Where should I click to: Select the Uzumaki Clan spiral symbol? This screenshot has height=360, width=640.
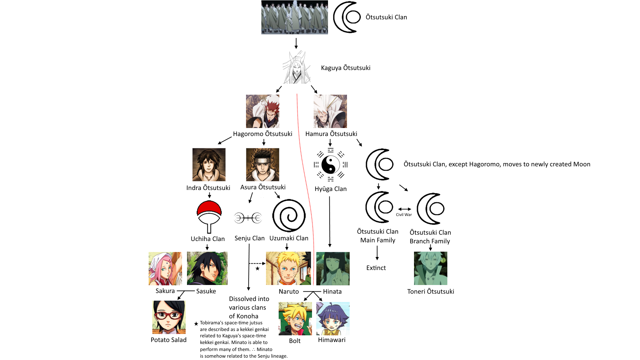point(289,216)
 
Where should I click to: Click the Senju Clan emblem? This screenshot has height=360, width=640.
point(248,218)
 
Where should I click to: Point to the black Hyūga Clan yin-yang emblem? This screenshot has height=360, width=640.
point(330,165)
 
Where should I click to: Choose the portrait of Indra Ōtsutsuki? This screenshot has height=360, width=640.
point(209,165)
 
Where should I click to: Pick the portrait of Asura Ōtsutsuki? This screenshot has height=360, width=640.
point(263,165)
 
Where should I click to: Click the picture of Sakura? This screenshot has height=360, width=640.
point(165,269)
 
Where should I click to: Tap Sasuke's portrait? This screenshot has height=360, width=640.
point(207,268)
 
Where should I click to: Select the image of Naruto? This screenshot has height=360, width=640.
point(288,268)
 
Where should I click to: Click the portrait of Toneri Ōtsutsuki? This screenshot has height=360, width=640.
point(430,268)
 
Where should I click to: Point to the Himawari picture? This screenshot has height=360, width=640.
point(333,319)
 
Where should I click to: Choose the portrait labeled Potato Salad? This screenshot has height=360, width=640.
point(169,317)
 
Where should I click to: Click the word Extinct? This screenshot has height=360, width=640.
point(376,268)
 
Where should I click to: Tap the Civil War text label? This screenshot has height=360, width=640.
point(404,215)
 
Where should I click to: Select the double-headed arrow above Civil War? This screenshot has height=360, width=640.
point(405,209)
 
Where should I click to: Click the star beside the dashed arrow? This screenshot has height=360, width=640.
point(257,268)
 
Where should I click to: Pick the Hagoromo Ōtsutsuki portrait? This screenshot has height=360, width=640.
point(263,111)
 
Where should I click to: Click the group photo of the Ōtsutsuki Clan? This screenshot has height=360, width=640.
point(295,17)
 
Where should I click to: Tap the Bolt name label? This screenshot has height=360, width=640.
point(295,341)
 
